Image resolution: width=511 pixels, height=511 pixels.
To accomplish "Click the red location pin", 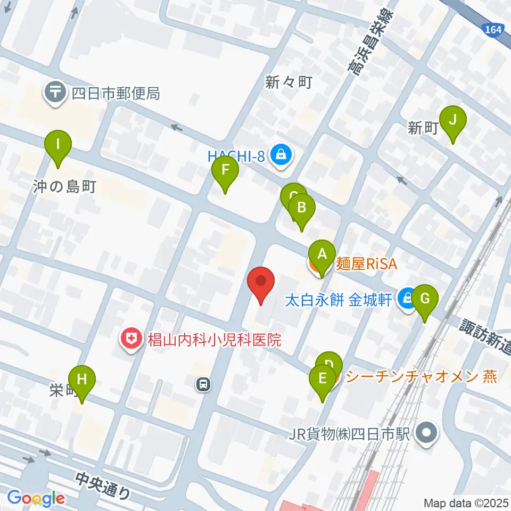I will pyautogui.click(x=261, y=282).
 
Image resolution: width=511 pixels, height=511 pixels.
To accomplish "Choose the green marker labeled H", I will pyautogui.click(x=82, y=380).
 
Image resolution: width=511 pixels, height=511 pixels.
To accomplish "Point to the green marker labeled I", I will pyautogui.click(x=59, y=144).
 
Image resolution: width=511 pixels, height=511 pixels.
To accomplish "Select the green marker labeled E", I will pyautogui.click(x=323, y=379).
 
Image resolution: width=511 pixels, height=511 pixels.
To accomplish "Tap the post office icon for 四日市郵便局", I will pyautogui.click(x=55, y=94).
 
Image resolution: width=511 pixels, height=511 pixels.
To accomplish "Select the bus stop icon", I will pyautogui.click(x=203, y=384).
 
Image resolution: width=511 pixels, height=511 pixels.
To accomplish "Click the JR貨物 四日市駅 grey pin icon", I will pyautogui.click(x=427, y=433).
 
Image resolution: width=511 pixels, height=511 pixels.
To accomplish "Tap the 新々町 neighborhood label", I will pyautogui.click(x=289, y=82).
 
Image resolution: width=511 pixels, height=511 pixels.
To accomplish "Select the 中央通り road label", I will pyautogui.click(x=103, y=486).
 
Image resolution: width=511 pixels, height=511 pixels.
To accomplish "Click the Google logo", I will pyautogui.click(x=36, y=498).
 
